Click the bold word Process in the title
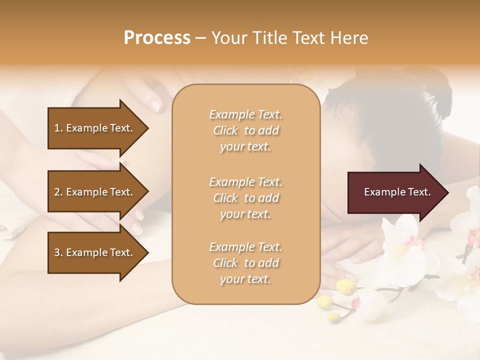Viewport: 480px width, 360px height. (157, 38)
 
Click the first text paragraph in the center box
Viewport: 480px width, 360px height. (245, 130)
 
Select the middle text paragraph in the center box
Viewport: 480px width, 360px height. (245, 198)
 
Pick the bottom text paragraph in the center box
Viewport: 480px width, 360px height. (245, 263)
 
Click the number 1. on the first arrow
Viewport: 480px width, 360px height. (58, 128)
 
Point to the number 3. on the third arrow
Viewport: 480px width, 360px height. (58, 252)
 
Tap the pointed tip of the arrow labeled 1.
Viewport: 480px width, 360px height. (147, 128)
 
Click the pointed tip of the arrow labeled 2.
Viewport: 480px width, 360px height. (147, 192)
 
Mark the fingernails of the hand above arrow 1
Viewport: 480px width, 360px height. (156, 105)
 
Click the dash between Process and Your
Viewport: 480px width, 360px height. (201, 38)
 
